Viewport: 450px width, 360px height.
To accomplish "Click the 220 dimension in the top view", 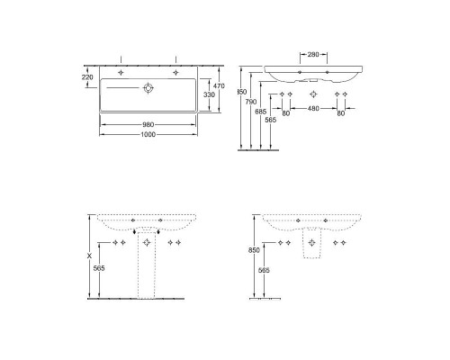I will pos(86,77).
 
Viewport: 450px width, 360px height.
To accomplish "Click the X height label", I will pos(88,256).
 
